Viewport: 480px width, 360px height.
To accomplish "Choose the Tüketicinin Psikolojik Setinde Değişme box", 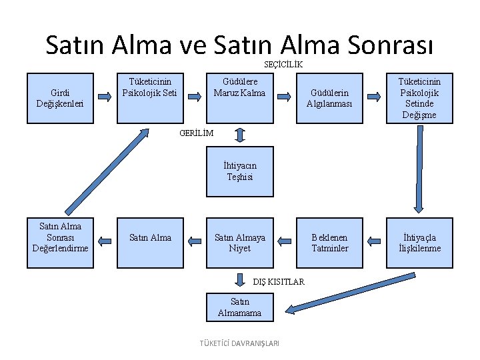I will pos(419,97).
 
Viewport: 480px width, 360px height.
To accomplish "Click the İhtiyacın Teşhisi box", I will pos(239,171).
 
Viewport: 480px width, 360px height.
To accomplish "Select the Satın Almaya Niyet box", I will pos(239,243).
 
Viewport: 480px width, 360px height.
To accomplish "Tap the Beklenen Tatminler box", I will pos(329,243).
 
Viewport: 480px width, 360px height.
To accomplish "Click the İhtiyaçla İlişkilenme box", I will pos(419,243).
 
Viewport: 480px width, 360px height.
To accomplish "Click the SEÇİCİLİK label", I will pos(283,65).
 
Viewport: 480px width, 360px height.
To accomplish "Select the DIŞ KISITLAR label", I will pos(278,281).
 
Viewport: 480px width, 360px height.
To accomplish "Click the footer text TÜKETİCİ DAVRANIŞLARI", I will pos(239,343).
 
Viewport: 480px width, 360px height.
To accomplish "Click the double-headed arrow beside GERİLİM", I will pos(240,135).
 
